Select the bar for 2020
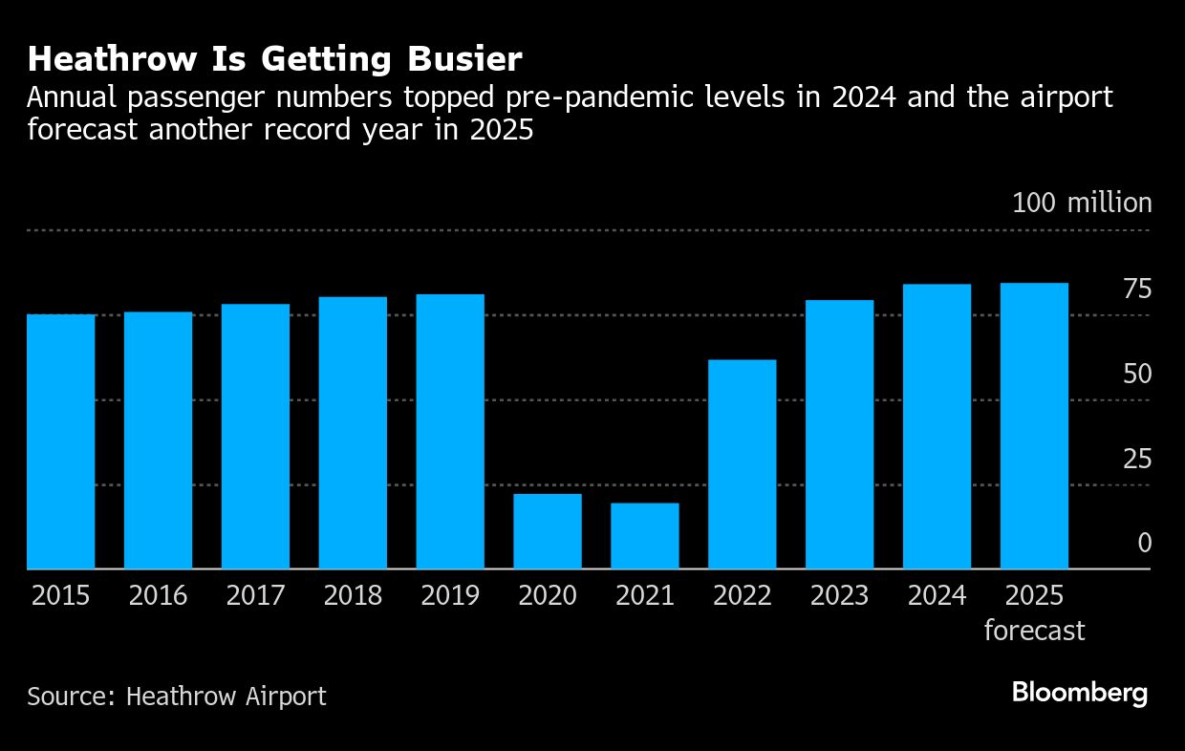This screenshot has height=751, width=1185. coord(547,531)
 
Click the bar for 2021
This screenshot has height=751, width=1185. coord(644,536)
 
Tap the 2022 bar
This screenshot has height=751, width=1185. coord(742,464)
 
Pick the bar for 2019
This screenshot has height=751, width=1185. coord(450,431)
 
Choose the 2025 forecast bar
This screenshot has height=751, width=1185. coord(1034,426)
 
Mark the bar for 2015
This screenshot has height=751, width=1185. coord(60,441)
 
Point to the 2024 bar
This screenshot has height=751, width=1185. coord(937,426)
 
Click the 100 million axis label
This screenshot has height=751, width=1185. coord(1082,204)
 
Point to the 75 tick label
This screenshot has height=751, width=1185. coord(1137,289)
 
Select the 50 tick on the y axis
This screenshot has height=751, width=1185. coord(1137,374)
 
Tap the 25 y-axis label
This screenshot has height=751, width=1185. coord(1137,459)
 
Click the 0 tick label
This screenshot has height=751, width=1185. coord(1145,544)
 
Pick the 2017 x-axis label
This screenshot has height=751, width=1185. coord(255,596)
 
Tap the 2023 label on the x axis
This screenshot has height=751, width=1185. coord(839,596)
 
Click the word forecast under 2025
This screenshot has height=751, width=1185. coord(1034,631)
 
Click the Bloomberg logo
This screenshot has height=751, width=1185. coord(1080,694)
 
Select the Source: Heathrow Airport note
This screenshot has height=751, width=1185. coord(177,697)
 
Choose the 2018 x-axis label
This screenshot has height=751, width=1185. coord(353,596)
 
